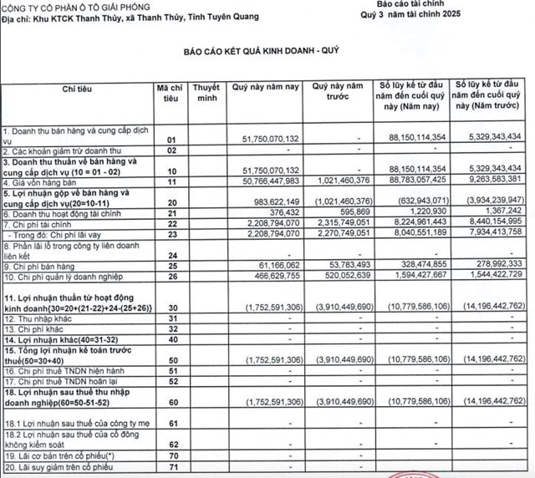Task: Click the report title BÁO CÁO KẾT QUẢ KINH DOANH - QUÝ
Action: (x=267, y=52)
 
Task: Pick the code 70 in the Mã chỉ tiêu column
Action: (x=171, y=460)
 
